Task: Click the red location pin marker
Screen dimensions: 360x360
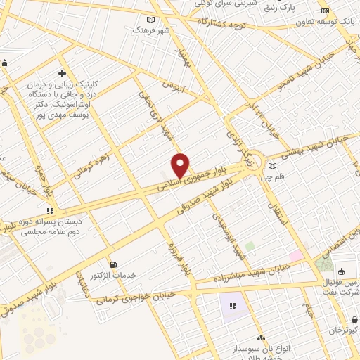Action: point(181,165)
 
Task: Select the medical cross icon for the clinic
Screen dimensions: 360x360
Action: point(63,73)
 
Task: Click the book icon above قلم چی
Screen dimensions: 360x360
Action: point(272,166)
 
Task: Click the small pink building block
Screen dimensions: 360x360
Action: point(297,256)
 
